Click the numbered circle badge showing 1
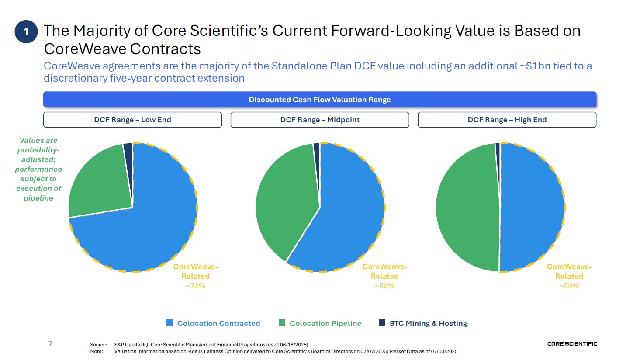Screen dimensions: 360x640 tap(26, 31)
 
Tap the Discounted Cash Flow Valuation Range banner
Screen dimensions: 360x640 tap(320, 100)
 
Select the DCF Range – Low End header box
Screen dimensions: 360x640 tap(132, 120)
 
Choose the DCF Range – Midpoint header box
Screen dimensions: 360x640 tap(320, 120)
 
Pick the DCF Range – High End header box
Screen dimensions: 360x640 tap(507, 120)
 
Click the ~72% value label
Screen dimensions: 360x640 tap(195, 286)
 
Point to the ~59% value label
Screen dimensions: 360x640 tap(384, 286)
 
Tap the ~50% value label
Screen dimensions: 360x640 tap(569, 286)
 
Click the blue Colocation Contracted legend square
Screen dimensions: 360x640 tap(170, 323)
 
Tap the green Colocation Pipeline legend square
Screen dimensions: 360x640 tap(282, 323)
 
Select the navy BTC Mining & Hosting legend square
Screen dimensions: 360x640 tap(382, 323)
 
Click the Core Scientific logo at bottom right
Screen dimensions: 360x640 tap(572, 344)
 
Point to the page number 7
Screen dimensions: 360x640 tap(50, 343)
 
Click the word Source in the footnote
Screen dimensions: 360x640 tap(98, 345)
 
